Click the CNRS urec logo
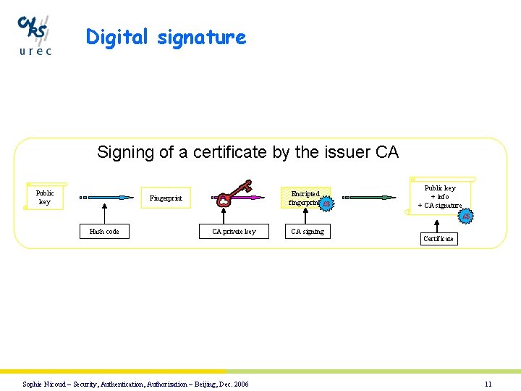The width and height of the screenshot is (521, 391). tap(35, 35)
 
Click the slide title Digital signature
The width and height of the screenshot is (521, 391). tap(166, 37)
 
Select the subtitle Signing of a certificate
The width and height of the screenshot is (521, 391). tap(247, 152)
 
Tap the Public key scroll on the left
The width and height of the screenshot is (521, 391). tap(45, 197)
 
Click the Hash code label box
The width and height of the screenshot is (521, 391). tap(104, 232)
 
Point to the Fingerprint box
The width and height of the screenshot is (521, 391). tap(166, 198)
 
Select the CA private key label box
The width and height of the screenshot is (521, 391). tap(234, 232)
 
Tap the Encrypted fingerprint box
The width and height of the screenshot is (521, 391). tap(305, 198)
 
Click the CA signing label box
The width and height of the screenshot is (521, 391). tap(308, 232)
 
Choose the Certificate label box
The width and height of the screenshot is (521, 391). tap(438, 238)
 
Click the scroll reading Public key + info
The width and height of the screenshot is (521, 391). tap(440, 196)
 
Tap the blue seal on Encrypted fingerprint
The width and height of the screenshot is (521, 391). tap(327, 205)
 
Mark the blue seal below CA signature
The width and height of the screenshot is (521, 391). tap(467, 216)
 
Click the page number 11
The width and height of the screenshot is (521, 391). tap(488, 384)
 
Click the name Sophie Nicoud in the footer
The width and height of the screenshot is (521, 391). tap(43, 384)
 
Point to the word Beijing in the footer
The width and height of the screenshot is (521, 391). tap(206, 384)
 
